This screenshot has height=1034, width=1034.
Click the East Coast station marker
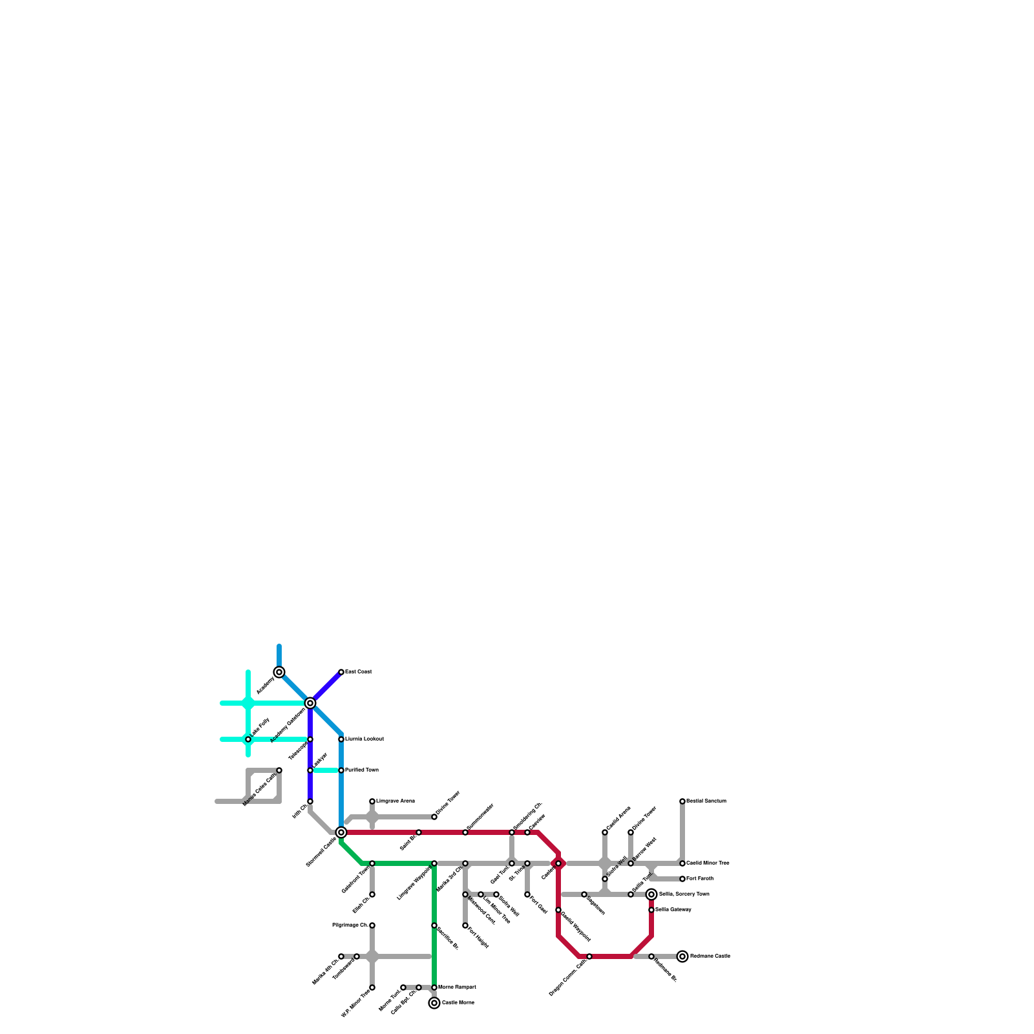pyautogui.click(x=341, y=672)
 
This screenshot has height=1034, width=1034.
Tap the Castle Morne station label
pyautogui.click(x=458, y=1003)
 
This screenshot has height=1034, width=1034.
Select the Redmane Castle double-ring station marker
pyautogui.click(x=682, y=956)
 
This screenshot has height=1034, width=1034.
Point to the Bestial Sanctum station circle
pyautogui.click(x=682, y=801)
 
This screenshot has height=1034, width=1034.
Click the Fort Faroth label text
pyautogui.click(x=700, y=879)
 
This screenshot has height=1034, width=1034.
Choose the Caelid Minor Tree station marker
pyautogui.click(x=682, y=863)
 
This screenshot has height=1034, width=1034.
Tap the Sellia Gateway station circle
pyautogui.click(x=651, y=910)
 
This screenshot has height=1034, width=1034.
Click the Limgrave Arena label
pyautogui.click(x=396, y=801)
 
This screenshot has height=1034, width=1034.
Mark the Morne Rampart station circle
pyautogui.click(x=434, y=987)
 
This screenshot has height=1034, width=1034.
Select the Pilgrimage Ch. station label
pyautogui.click(x=350, y=925)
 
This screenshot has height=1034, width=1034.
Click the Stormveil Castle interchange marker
pyautogui.click(x=341, y=832)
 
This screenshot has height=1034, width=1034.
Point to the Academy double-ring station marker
pyautogui.click(x=279, y=672)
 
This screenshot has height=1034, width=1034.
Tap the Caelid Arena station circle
pyautogui.click(x=605, y=832)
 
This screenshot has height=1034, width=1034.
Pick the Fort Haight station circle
pyautogui.click(x=465, y=925)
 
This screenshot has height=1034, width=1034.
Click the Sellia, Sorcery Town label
pyautogui.click(x=684, y=894)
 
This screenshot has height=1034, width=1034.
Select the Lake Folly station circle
pyautogui.click(x=248, y=739)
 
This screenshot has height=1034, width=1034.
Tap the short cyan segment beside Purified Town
pyautogui.click(x=326, y=770)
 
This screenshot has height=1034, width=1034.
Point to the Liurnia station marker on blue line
pyautogui.click(x=341, y=739)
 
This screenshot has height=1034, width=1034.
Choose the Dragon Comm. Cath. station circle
pyautogui.click(x=589, y=956)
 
